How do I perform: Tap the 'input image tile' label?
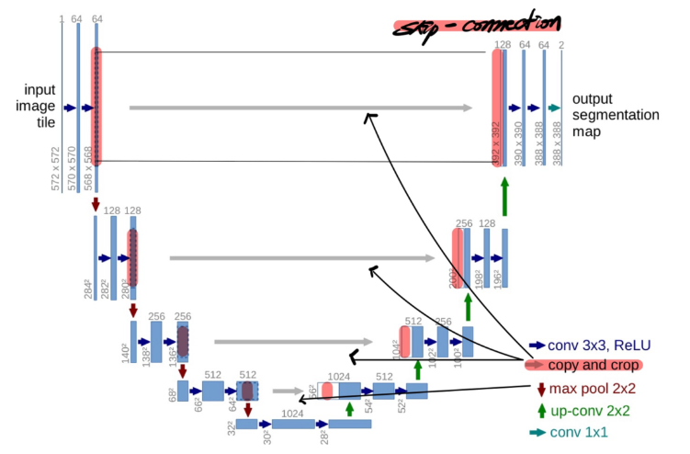click(39, 107)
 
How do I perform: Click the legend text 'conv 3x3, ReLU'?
click(599, 346)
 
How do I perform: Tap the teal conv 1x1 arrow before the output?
click(553, 108)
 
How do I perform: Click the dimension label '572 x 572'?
click(56, 167)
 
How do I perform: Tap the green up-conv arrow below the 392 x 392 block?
click(504, 195)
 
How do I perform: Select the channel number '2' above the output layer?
click(560, 44)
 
